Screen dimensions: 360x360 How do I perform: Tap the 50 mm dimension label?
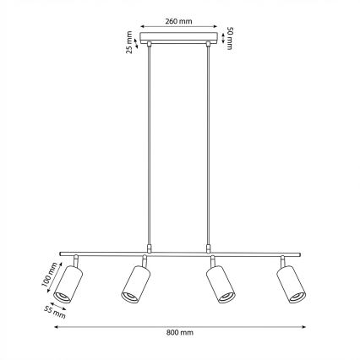tap(229, 38)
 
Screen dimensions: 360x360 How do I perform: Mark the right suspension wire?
tap(209, 144)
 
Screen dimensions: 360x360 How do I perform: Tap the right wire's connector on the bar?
tap(209, 248)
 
